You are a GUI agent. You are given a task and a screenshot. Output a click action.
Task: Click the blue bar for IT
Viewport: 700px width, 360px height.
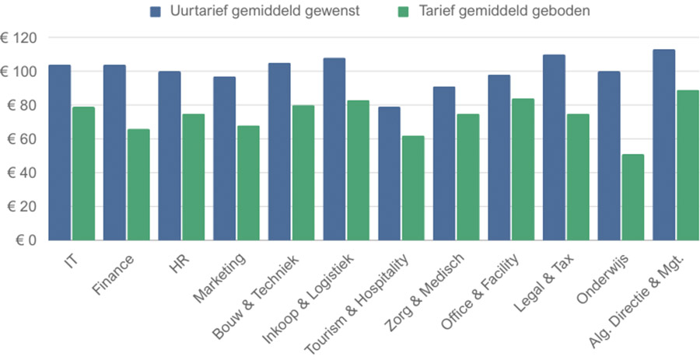(59, 152)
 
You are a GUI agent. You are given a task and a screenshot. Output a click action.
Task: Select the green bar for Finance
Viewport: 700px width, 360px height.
(138, 184)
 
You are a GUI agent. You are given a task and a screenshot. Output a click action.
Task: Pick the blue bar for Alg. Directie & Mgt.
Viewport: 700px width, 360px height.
(663, 145)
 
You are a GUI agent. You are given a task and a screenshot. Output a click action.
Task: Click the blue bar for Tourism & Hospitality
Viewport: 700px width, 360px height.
(389, 173)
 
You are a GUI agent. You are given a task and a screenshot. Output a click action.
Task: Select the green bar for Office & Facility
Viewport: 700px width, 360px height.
(523, 169)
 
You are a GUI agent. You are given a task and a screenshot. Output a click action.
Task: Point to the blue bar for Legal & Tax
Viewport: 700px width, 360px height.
(554, 147)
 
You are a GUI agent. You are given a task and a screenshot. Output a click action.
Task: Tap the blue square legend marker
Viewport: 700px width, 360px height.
(155, 12)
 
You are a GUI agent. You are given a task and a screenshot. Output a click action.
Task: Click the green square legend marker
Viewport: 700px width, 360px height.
(402, 12)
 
